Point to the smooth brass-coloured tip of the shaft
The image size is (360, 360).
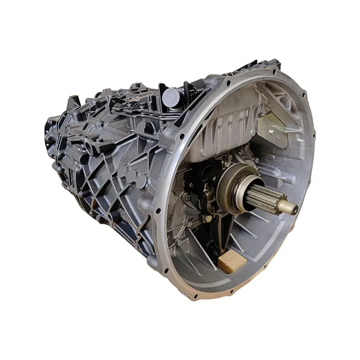288,207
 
